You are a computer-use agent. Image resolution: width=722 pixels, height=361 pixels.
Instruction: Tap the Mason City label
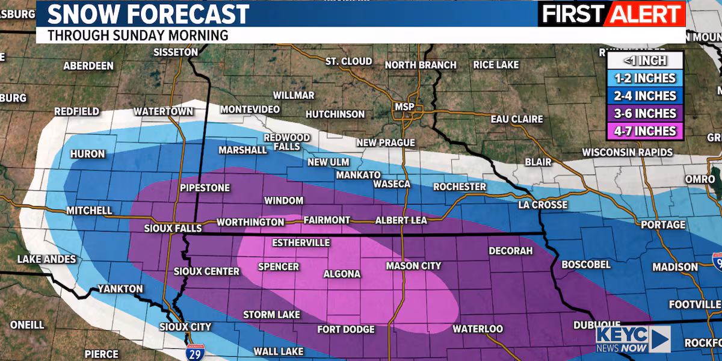[x=413, y=265]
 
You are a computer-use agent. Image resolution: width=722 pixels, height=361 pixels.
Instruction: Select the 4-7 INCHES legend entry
[x=644, y=131]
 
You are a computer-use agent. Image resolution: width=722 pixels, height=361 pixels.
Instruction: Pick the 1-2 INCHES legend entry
[x=644, y=78]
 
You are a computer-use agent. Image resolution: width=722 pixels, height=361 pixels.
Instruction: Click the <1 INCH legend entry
[x=644, y=60]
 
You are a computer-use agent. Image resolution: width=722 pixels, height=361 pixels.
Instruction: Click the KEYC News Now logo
[x=632, y=339]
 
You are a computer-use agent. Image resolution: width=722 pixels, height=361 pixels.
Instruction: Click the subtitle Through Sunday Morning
[x=138, y=35]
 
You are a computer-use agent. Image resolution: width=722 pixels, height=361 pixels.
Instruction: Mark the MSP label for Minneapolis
[x=404, y=106]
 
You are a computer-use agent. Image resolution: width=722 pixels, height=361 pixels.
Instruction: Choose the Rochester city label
[x=459, y=187]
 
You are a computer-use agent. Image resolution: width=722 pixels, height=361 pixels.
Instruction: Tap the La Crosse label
[x=542, y=205]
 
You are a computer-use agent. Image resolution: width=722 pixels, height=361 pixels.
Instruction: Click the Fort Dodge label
[x=346, y=329]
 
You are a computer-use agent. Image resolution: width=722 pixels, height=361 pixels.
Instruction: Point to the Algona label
[x=342, y=274]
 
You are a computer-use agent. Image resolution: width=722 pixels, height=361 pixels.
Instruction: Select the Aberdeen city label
[x=88, y=66]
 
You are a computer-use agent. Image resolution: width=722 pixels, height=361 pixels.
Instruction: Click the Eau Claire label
[x=517, y=119]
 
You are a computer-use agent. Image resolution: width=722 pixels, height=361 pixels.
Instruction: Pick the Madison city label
[x=675, y=267]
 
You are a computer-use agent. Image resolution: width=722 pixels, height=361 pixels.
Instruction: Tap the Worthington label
[x=250, y=222]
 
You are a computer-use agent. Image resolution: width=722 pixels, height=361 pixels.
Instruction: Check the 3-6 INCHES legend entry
[x=644, y=113]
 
